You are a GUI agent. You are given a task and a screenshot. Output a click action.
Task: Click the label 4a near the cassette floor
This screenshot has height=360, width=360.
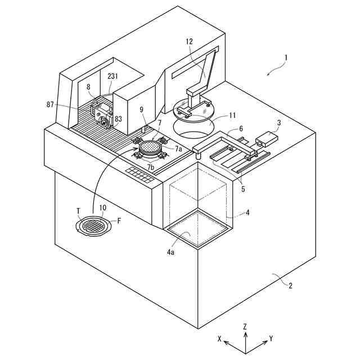click(170, 253)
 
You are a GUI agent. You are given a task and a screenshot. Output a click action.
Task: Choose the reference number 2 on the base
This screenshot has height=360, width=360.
click(291, 285)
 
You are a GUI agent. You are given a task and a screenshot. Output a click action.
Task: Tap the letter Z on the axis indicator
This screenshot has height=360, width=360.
click(245, 326)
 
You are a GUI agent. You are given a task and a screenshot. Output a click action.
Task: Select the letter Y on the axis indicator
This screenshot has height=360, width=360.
click(272, 339)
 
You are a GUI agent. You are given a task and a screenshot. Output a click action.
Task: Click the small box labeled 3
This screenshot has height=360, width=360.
click(268, 137)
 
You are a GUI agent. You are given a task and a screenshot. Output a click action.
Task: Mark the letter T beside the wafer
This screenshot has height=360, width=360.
click(78, 211)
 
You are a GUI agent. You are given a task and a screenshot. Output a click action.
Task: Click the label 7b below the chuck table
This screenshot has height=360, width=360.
click(150, 168)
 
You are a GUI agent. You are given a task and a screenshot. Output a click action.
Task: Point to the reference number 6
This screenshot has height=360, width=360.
click(241, 128)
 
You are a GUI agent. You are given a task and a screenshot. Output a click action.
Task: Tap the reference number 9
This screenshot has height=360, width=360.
click(142, 110)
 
